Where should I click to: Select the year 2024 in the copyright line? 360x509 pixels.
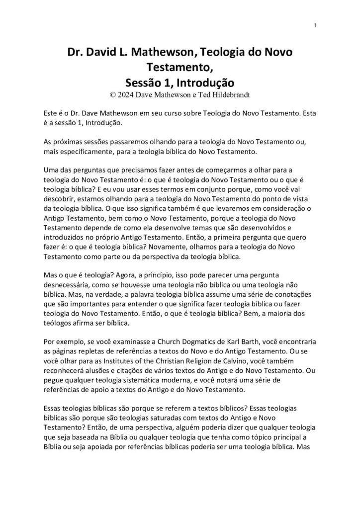point(126,92)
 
